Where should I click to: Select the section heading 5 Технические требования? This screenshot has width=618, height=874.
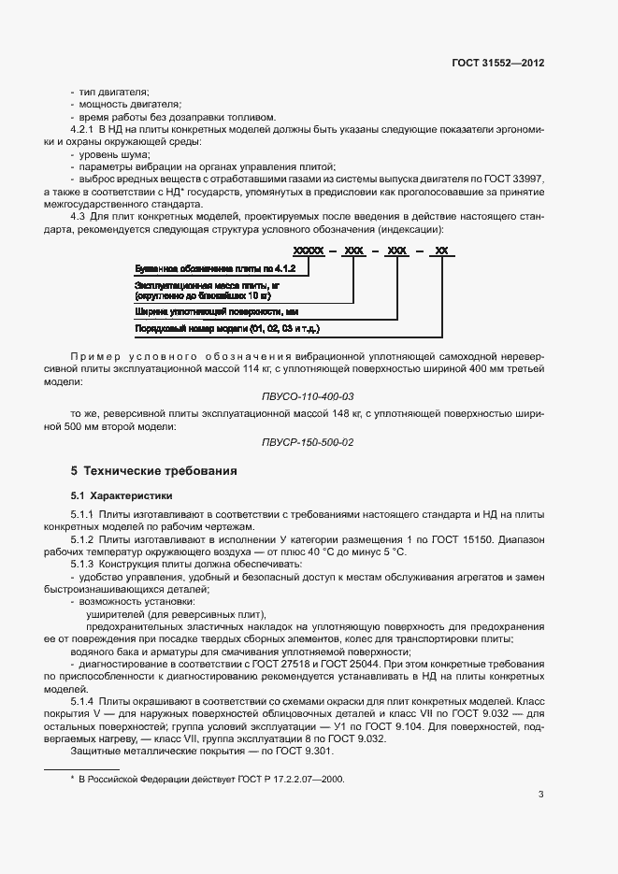153,470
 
